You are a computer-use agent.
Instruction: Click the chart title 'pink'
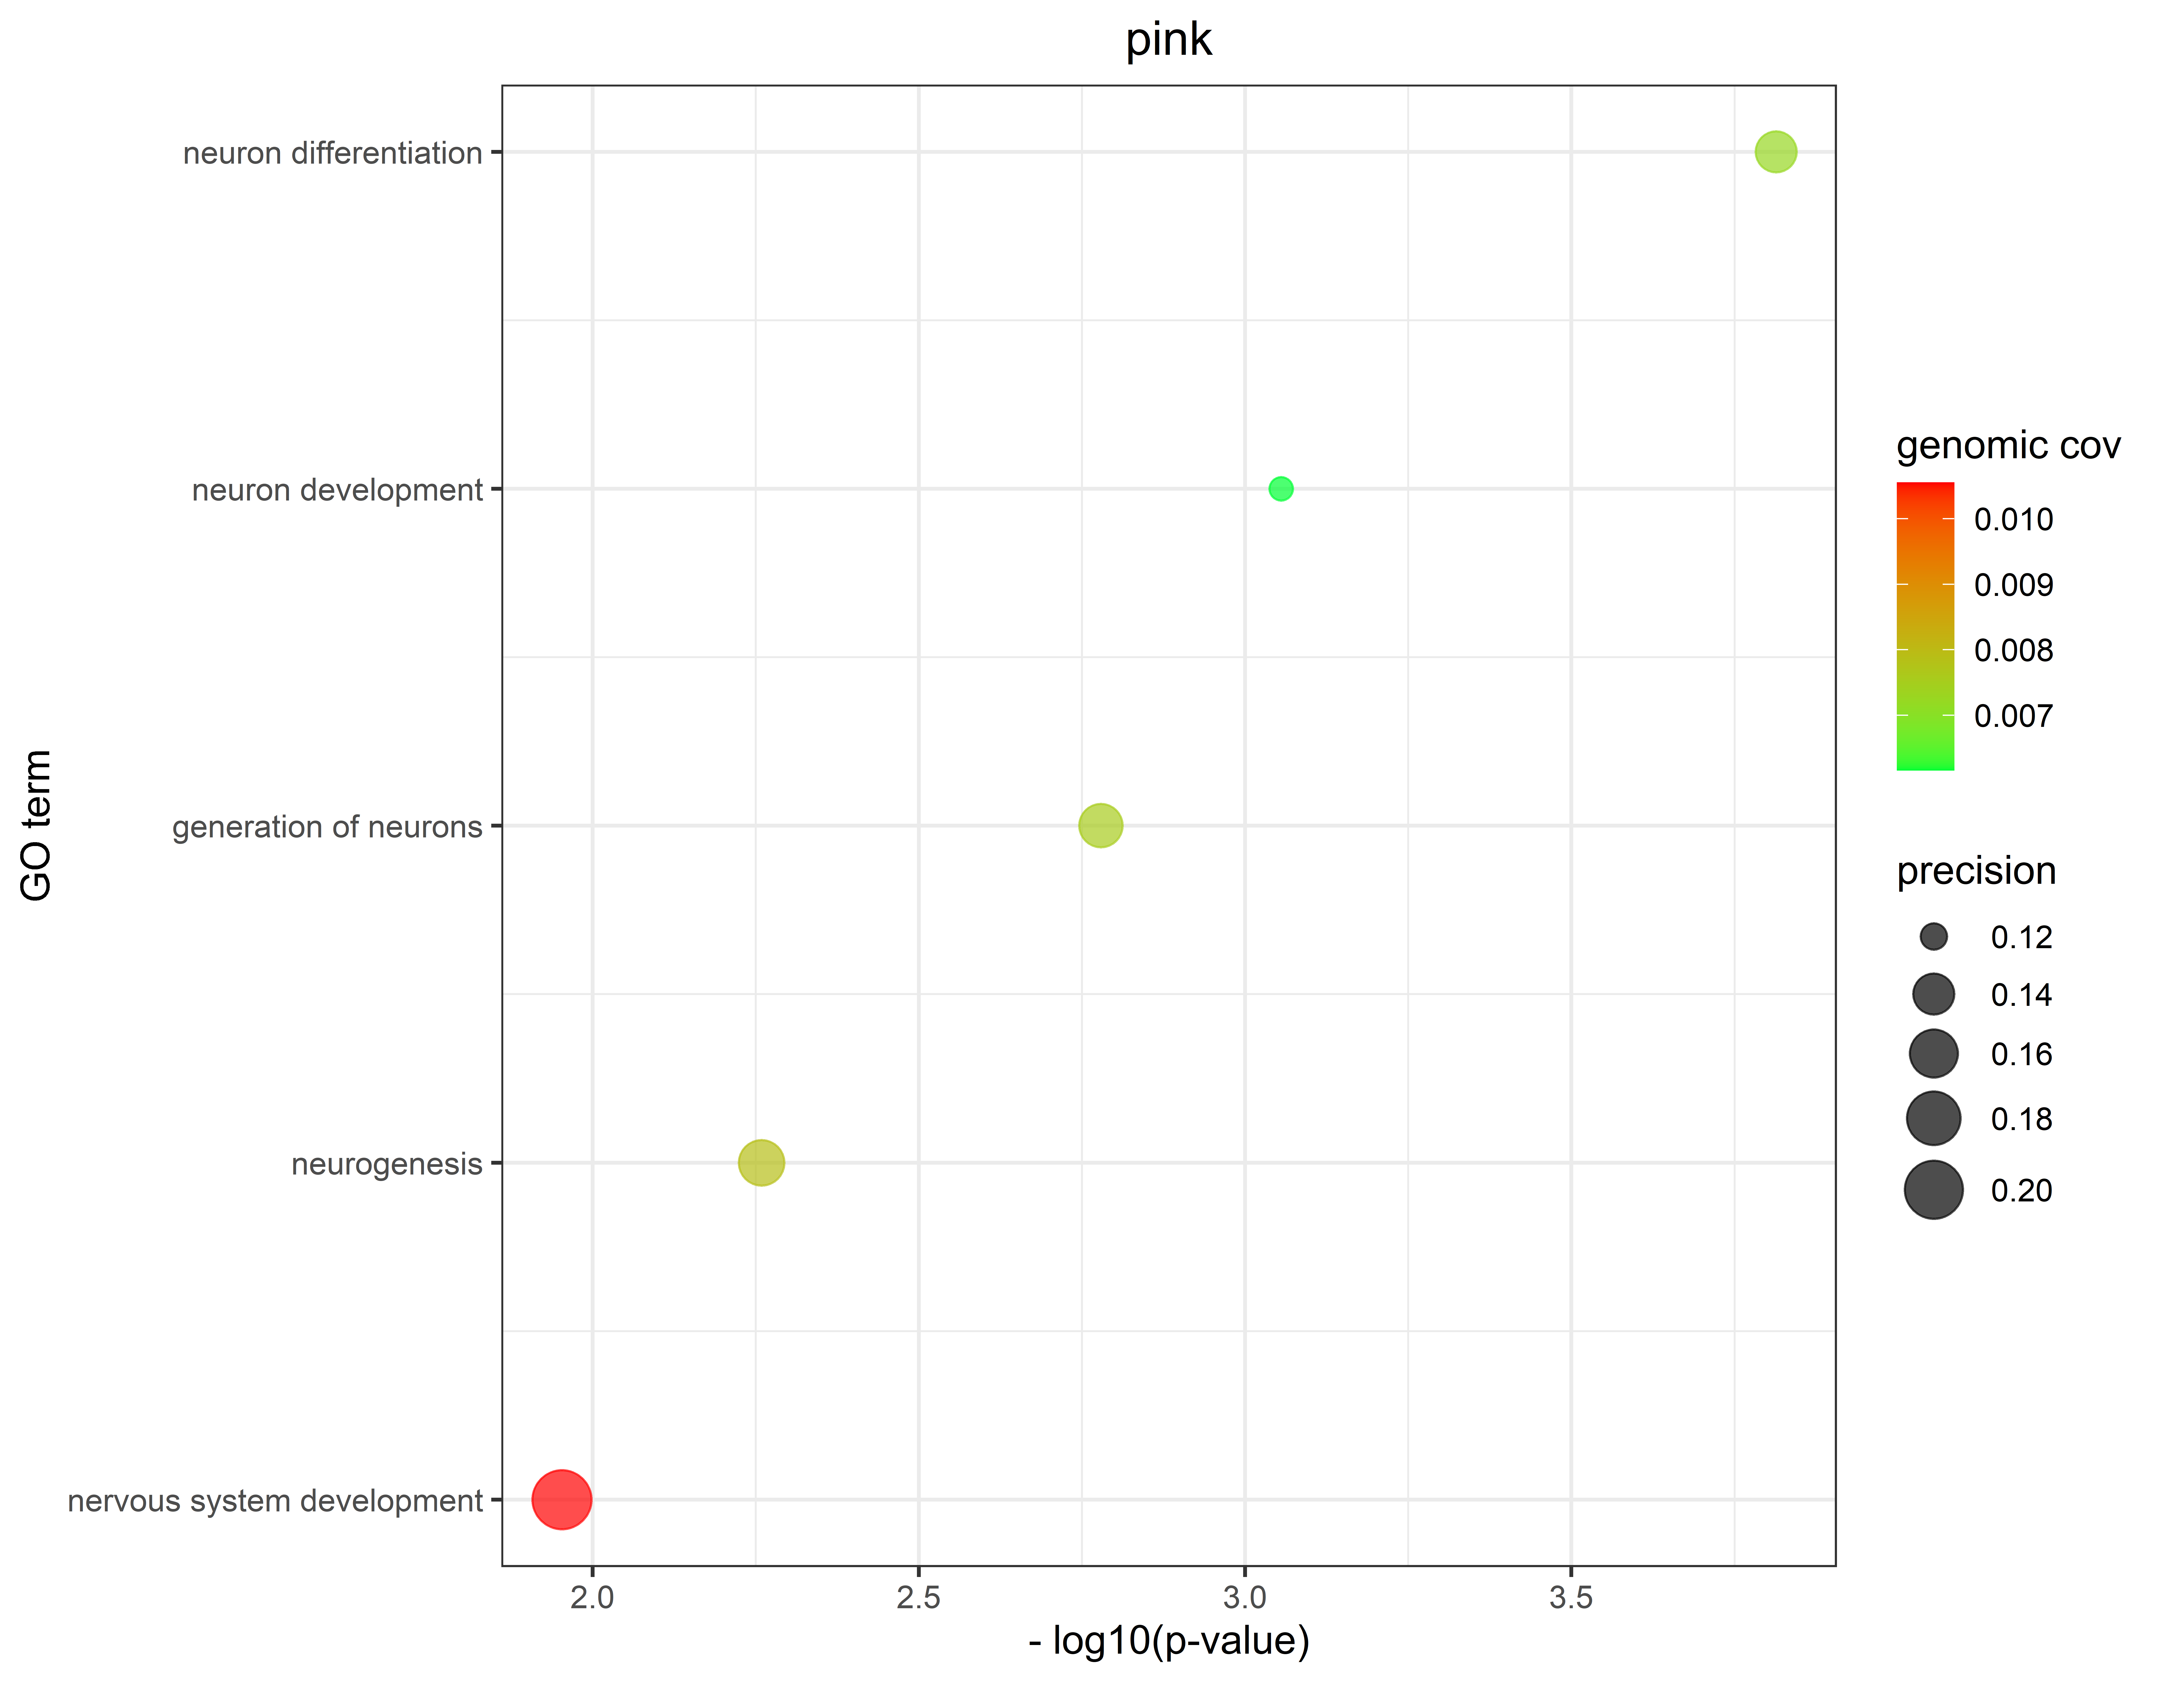(1168, 40)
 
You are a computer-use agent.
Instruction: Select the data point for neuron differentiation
(1775, 151)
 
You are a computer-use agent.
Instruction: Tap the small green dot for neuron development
(1280, 488)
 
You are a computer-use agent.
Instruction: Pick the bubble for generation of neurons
(1100, 825)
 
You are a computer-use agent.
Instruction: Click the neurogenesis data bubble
(760, 1162)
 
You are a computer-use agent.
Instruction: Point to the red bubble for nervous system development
(561, 1499)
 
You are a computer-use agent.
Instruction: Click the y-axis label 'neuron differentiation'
(333, 154)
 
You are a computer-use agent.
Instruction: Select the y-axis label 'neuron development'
(337, 490)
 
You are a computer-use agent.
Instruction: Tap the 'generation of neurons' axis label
(327, 827)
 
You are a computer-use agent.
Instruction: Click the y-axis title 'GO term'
(37, 825)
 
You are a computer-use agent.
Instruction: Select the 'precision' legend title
(1976, 871)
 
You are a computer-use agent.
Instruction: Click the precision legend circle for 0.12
(1932, 937)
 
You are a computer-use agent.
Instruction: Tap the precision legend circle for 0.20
(1932, 1189)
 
